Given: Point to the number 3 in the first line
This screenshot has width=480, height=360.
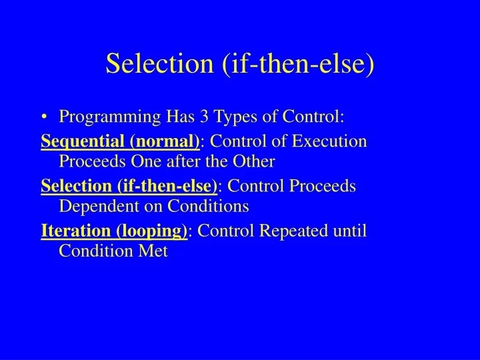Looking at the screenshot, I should point(199,118).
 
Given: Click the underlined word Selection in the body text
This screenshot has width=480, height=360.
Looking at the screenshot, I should point(72,186).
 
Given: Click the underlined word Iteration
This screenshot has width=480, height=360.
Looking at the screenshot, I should point(77,231).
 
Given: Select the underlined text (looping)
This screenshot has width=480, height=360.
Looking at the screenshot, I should point(152,231).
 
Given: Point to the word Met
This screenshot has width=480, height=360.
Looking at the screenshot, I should point(152,251).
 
